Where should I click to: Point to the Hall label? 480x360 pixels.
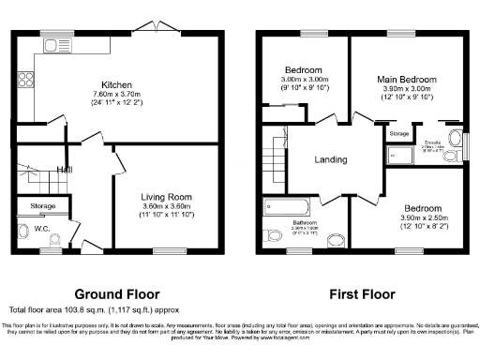pyautogui.click(x=64, y=170)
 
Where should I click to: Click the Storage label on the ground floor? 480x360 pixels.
pyautogui.click(x=43, y=205)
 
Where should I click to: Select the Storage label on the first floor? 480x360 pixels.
pyautogui.click(x=398, y=134)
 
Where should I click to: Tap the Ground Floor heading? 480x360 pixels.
pyautogui.click(x=117, y=292)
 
